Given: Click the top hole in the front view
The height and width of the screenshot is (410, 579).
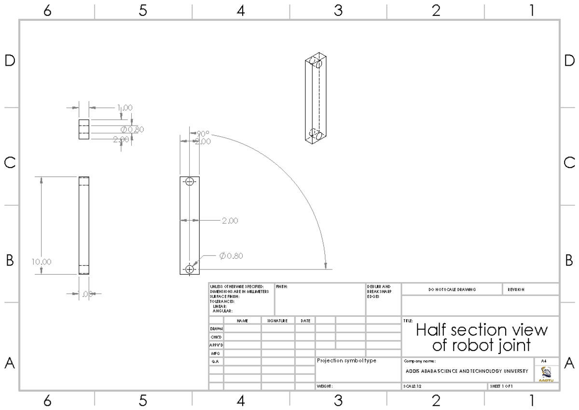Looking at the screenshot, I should click(189, 182).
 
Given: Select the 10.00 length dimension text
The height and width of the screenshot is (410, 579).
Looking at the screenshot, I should click(41, 262).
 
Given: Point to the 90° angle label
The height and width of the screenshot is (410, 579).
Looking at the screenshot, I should click(203, 134).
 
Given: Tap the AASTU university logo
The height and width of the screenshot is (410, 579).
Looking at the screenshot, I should click(548, 373).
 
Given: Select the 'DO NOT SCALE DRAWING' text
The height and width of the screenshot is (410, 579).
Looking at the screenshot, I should click(452, 289).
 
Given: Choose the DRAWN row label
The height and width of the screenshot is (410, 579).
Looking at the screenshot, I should click(216, 328).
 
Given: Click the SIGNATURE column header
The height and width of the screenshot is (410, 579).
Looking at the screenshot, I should click(277, 320).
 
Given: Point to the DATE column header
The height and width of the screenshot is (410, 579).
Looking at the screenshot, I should click(305, 320).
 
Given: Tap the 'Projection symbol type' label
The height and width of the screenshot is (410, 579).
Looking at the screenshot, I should click(346, 360).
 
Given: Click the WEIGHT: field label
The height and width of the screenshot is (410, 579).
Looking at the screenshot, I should click(325, 386).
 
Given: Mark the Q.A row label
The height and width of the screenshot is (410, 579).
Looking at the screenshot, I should click(216, 361).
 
